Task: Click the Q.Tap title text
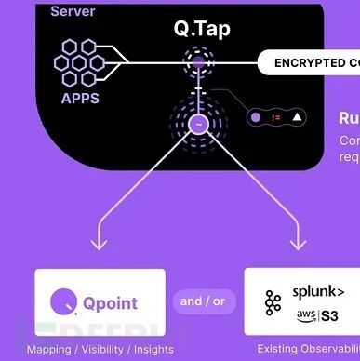[201, 28]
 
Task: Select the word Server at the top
[73, 11]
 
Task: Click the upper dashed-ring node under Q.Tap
[197, 64]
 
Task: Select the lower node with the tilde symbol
[197, 123]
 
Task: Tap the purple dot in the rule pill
[255, 118]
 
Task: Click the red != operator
[275, 118]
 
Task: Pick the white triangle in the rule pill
[297, 118]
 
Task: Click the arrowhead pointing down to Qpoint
[98, 244]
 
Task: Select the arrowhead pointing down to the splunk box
[298, 244]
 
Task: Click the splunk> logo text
[318, 291]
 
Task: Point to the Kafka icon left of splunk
[273, 302]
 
